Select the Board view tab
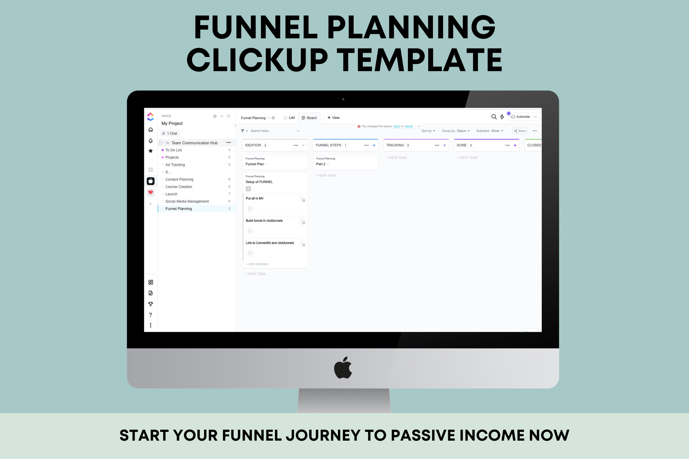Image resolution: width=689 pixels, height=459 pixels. (309, 118)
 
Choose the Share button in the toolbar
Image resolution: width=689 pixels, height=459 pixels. (520, 131)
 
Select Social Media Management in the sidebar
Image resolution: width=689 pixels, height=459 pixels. (187, 202)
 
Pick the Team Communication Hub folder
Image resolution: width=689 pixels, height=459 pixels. (194, 143)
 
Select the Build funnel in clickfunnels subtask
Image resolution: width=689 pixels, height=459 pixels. (264, 221)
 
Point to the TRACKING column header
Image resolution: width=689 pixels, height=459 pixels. (395, 145)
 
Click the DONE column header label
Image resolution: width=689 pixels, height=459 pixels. (461, 145)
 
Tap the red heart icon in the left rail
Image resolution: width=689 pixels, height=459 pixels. (151, 192)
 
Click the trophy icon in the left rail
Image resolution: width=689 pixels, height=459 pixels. (151, 304)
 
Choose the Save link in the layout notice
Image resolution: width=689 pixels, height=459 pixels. (397, 126)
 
